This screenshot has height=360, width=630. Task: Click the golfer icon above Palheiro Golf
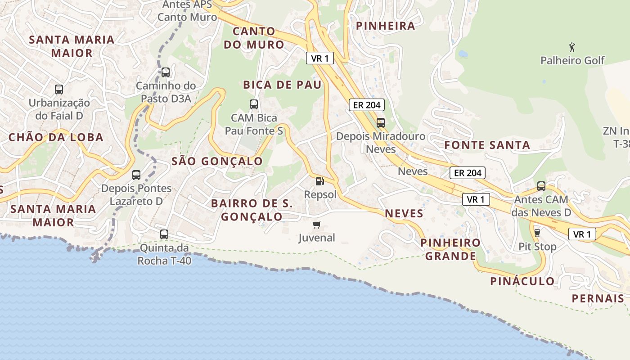[x=572, y=47]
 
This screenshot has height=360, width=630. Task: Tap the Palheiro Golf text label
[x=572, y=60]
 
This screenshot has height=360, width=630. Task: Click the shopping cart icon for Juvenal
[x=317, y=225]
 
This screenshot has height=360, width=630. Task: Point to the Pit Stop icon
[x=537, y=233]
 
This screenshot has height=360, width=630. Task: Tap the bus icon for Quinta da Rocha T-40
[x=164, y=234]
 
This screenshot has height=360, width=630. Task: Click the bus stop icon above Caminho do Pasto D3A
[x=166, y=72]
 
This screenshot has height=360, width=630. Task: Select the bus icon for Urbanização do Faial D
[x=59, y=89]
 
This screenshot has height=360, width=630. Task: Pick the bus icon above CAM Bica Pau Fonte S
[x=254, y=104]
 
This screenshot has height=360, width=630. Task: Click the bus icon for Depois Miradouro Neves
[x=381, y=122]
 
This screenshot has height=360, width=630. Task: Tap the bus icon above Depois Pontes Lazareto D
[x=136, y=175]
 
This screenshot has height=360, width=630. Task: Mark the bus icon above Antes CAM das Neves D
[x=541, y=186]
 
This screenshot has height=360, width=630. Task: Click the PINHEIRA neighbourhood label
[x=386, y=26]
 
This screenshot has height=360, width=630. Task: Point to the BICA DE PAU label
[x=282, y=85]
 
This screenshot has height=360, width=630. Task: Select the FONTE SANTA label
[x=487, y=145]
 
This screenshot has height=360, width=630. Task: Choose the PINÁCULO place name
[x=522, y=281]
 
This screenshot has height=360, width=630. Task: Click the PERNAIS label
[x=598, y=298]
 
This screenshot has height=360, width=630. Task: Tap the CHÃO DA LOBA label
[x=56, y=137]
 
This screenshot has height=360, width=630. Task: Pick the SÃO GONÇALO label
[x=217, y=161]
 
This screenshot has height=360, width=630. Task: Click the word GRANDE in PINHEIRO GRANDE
[x=450, y=256]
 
